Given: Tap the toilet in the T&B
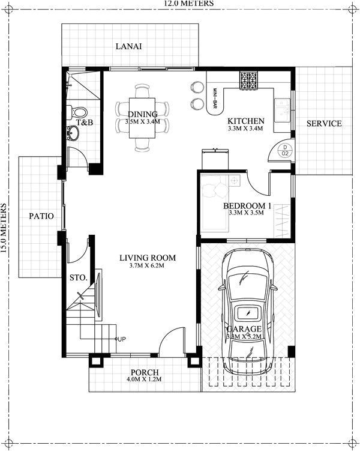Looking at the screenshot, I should click(x=79, y=112).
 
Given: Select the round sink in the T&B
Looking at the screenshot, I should click(x=73, y=133).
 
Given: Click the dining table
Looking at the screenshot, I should click(x=142, y=118).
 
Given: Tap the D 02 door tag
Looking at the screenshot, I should click(x=286, y=150).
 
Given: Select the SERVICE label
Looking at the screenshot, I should click(x=324, y=124).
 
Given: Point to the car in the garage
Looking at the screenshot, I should click(x=247, y=309).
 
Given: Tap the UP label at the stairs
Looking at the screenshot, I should click(x=121, y=339).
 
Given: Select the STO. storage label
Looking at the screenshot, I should click(x=78, y=277).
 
